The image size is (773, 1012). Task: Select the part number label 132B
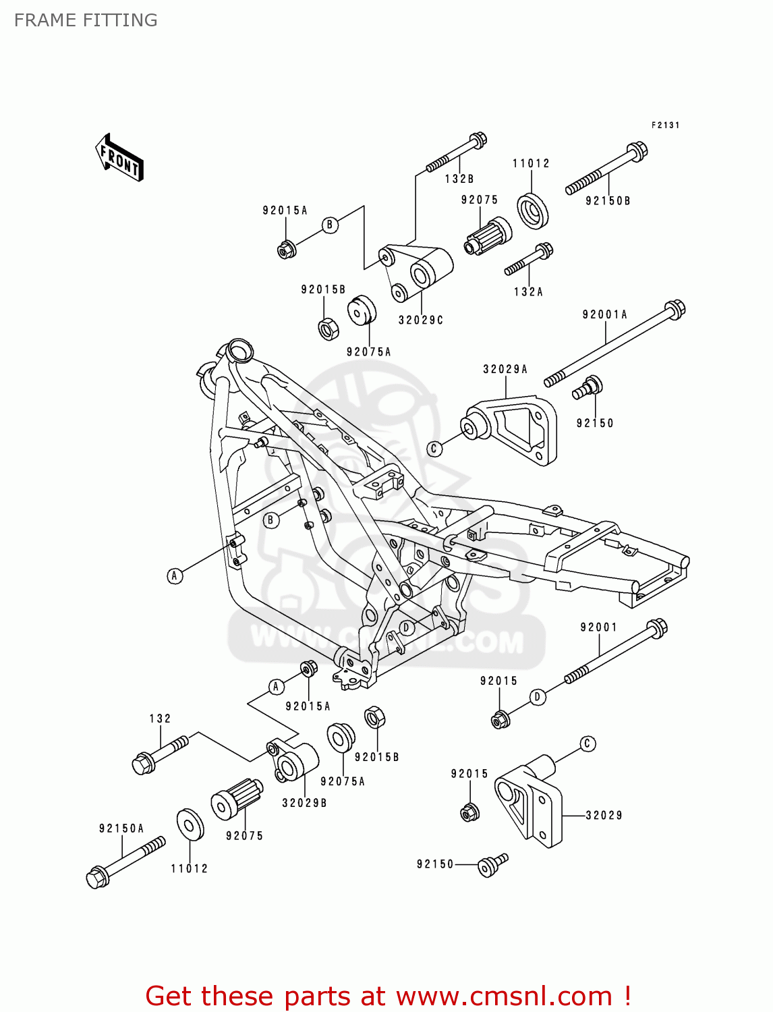pos(459,179)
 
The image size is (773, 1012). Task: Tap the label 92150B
pos(608,200)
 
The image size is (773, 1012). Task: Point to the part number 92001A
pos(605,314)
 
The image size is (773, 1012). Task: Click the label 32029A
pos(505,369)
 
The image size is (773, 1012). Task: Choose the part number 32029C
pos(421,320)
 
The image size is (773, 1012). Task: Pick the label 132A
pos(528,291)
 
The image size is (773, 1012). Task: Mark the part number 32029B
pos(304,803)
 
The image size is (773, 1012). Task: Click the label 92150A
pos(121,828)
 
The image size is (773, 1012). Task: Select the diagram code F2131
pos(665,125)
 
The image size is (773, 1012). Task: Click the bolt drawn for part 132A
pos(529,260)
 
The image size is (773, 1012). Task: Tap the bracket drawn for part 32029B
pos(294,762)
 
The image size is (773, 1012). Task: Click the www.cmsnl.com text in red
pos(504,996)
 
